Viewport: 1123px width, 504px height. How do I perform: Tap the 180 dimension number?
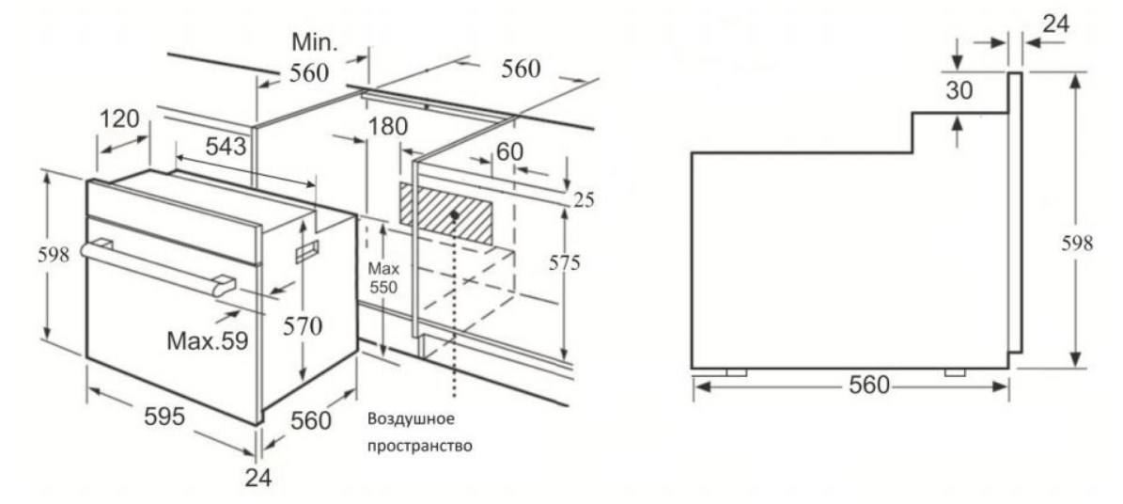(x=389, y=126)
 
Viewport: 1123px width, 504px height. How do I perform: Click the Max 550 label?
(x=383, y=279)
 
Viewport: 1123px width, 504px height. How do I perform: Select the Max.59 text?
(x=208, y=340)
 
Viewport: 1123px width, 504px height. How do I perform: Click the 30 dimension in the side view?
(x=959, y=90)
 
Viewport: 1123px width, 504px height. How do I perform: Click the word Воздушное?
(x=412, y=417)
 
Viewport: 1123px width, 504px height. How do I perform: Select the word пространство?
(x=420, y=445)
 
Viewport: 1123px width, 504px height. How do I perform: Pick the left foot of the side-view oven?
(x=736, y=372)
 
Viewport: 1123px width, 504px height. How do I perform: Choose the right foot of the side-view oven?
(x=956, y=372)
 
